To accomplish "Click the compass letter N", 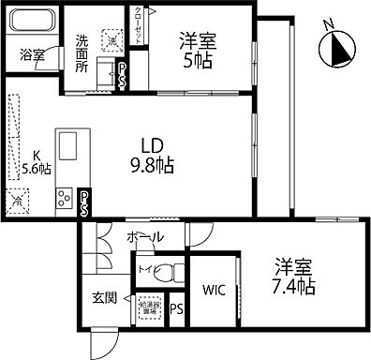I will coord(327,25).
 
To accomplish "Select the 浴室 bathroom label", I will coord(33,54).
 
